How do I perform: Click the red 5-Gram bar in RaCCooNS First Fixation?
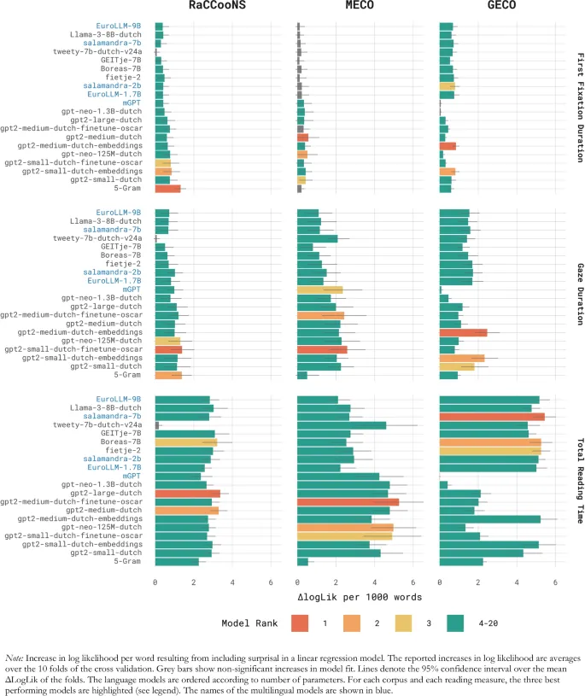pos(167,189)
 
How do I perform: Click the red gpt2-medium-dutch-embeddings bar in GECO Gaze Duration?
pos(462,332)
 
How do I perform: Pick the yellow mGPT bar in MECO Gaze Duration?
pos(319,290)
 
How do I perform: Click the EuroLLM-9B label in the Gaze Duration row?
pos(119,213)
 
